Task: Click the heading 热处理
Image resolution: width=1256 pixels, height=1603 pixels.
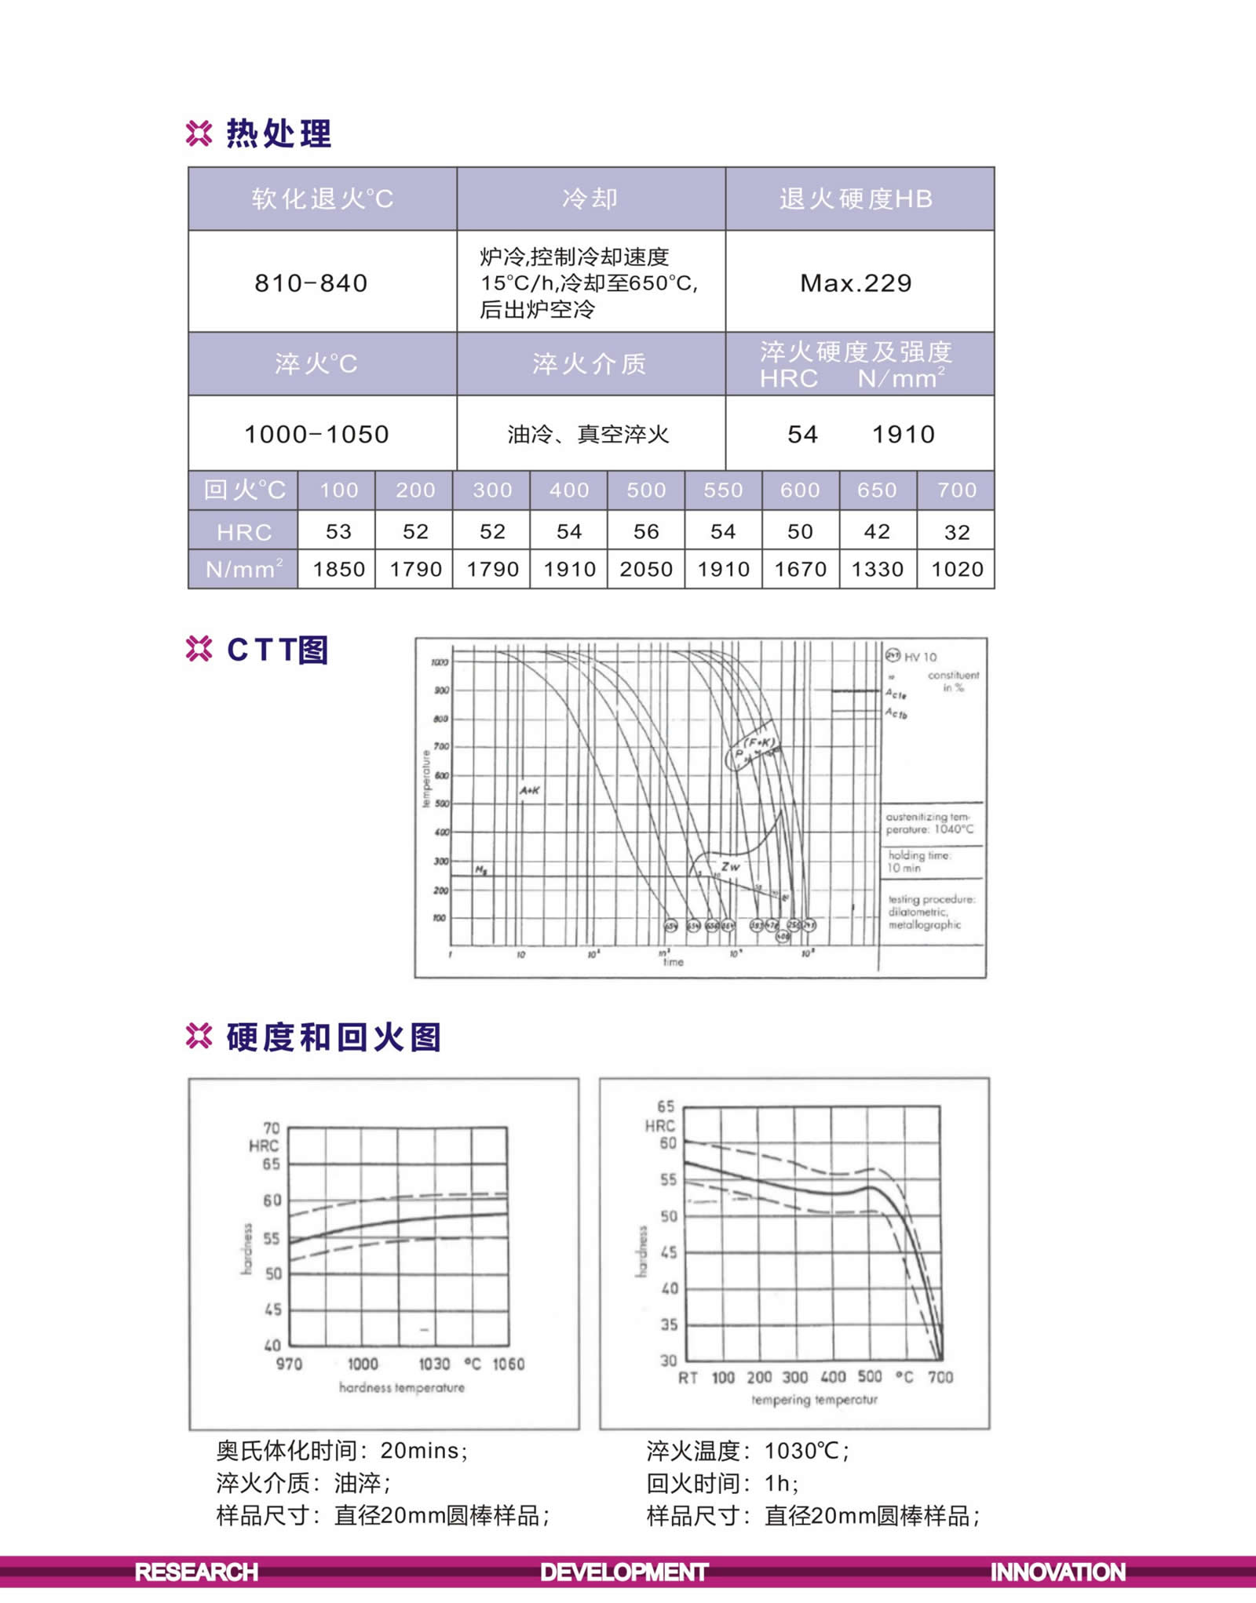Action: (279, 134)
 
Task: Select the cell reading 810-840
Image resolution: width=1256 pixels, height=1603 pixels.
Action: (311, 283)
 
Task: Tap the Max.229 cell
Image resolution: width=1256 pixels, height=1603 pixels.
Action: (856, 283)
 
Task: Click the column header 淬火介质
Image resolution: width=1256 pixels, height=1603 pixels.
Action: (590, 364)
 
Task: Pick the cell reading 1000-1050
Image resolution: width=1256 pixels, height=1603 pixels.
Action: (316, 434)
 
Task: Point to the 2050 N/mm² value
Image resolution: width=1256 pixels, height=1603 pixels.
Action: (646, 569)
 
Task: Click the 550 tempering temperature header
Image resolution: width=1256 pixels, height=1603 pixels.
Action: (723, 490)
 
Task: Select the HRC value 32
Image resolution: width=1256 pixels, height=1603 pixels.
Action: (957, 532)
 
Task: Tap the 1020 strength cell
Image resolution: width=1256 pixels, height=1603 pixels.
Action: (957, 569)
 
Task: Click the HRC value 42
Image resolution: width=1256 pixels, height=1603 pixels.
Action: (877, 532)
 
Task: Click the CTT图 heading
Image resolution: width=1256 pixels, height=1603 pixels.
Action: (277, 650)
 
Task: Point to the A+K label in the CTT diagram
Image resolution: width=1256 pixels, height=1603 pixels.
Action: (530, 790)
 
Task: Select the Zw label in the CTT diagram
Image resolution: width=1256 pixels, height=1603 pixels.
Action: (730, 867)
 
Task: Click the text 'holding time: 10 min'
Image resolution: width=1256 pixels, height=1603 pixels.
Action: (918, 862)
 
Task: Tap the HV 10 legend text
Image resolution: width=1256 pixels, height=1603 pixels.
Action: (920, 657)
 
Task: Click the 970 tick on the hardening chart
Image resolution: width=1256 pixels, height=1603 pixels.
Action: (289, 1364)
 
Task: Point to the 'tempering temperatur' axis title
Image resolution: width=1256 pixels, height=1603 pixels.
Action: (814, 1400)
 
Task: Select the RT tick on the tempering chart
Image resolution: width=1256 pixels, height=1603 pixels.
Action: (688, 1378)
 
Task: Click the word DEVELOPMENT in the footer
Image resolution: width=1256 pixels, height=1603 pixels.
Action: (624, 1572)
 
